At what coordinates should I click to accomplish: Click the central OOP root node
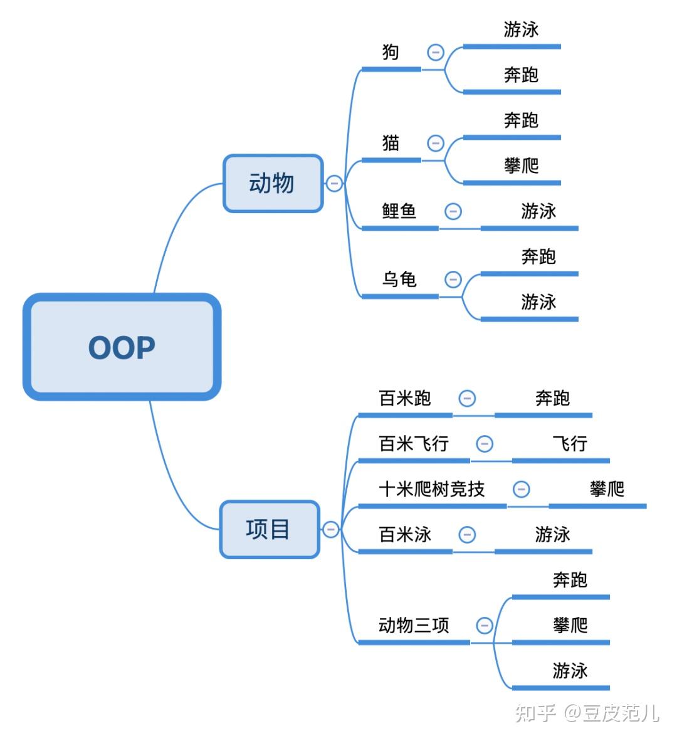tap(122, 347)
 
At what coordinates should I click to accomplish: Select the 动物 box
tap(273, 183)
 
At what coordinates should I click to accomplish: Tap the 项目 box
tap(269, 529)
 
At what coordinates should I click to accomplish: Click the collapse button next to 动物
tap(334, 184)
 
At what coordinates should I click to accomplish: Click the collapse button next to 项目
tap(331, 529)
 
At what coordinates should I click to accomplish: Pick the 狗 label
tap(391, 52)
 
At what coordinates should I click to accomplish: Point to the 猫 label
tap(391, 144)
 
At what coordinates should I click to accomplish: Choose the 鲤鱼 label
tap(399, 211)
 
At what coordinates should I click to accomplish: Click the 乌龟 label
tap(399, 279)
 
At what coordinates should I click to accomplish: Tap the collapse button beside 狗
tap(436, 52)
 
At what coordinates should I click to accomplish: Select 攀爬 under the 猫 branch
tap(521, 166)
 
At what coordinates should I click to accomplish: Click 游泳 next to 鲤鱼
tap(538, 211)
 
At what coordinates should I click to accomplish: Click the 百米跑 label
tap(405, 398)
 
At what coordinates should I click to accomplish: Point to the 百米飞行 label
tap(414, 444)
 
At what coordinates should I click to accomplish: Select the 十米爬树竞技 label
tap(431, 489)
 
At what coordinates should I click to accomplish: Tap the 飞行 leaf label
tap(570, 444)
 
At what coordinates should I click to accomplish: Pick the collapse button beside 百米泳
tap(467, 535)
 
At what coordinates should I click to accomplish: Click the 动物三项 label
tap(414, 625)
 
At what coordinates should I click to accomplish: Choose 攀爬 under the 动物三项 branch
tap(570, 625)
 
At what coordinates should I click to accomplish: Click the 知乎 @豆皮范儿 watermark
tap(587, 713)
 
